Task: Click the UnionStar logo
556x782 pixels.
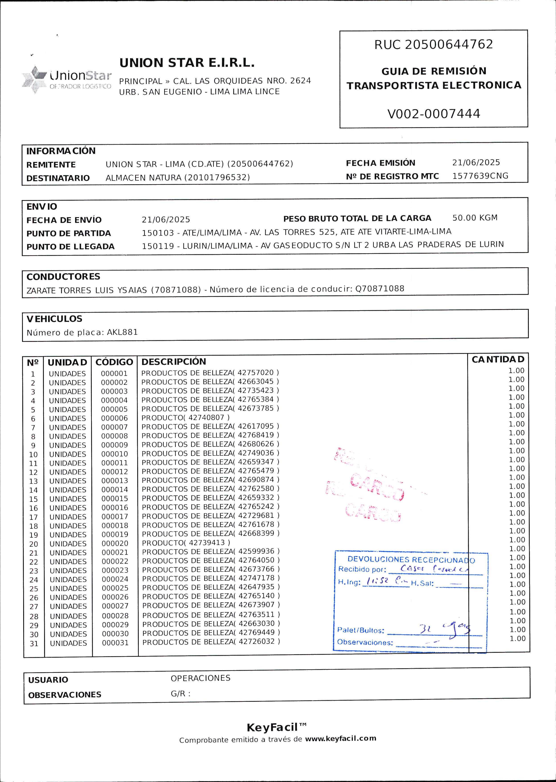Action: (67, 79)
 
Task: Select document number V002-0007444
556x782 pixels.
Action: (433, 114)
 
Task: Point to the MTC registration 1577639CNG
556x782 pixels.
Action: (480, 176)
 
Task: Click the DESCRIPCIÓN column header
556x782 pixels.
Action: (174, 362)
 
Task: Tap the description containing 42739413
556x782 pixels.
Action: (186, 543)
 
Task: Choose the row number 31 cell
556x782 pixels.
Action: (34, 643)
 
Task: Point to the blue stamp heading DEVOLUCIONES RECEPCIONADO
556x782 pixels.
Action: (411, 560)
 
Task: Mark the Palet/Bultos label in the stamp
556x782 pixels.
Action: (360, 630)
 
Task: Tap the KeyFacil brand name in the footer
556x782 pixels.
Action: (272, 727)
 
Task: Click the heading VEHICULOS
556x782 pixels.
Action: (54, 319)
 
